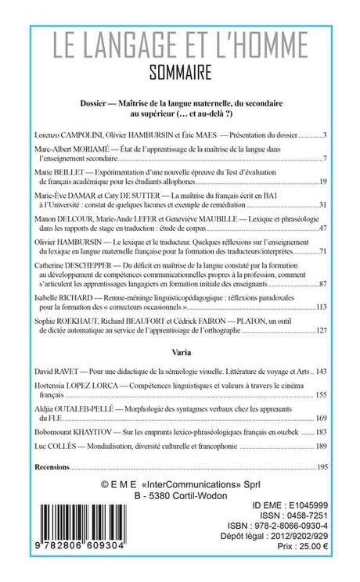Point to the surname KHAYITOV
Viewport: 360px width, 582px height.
click(102, 432)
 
